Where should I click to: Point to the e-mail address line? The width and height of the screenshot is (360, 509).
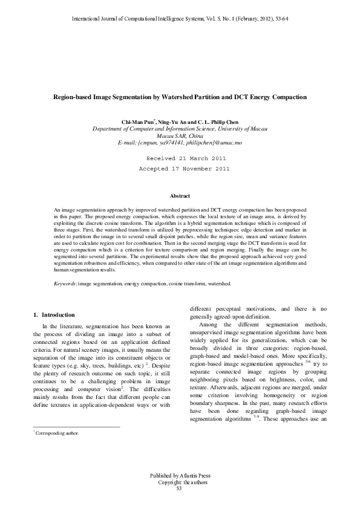(180, 142)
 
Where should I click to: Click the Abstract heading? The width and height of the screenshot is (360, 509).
(180, 196)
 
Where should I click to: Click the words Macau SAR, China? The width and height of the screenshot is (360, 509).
(180, 135)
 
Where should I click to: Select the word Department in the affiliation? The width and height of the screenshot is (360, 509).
(107, 129)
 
